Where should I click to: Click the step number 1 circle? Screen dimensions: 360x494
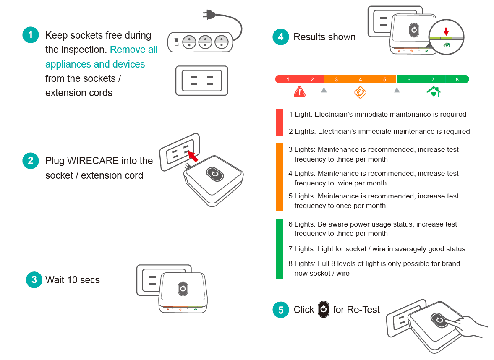(x=30, y=35)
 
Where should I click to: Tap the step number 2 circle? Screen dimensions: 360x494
(x=30, y=161)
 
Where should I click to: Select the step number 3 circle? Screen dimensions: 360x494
(x=34, y=279)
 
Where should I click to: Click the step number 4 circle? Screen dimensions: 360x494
(x=281, y=37)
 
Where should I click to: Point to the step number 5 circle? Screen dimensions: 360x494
(x=281, y=310)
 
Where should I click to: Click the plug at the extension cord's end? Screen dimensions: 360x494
(x=208, y=15)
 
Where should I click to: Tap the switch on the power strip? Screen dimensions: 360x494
(x=177, y=42)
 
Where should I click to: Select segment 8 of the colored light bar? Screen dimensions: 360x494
(x=457, y=79)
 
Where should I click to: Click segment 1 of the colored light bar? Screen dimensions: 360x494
(x=288, y=79)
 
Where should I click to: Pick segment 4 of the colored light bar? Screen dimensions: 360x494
(x=360, y=79)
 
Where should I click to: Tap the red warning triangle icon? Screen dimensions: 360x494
(x=300, y=91)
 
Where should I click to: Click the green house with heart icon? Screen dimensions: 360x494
(x=433, y=91)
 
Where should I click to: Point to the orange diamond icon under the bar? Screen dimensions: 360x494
(x=360, y=92)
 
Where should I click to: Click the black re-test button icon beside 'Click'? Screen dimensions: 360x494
(x=323, y=310)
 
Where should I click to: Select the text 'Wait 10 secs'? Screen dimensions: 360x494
(x=73, y=280)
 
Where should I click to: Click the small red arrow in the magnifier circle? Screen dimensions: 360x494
(x=446, y=31)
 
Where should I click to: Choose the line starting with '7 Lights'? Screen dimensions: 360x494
(x=377, y=249)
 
